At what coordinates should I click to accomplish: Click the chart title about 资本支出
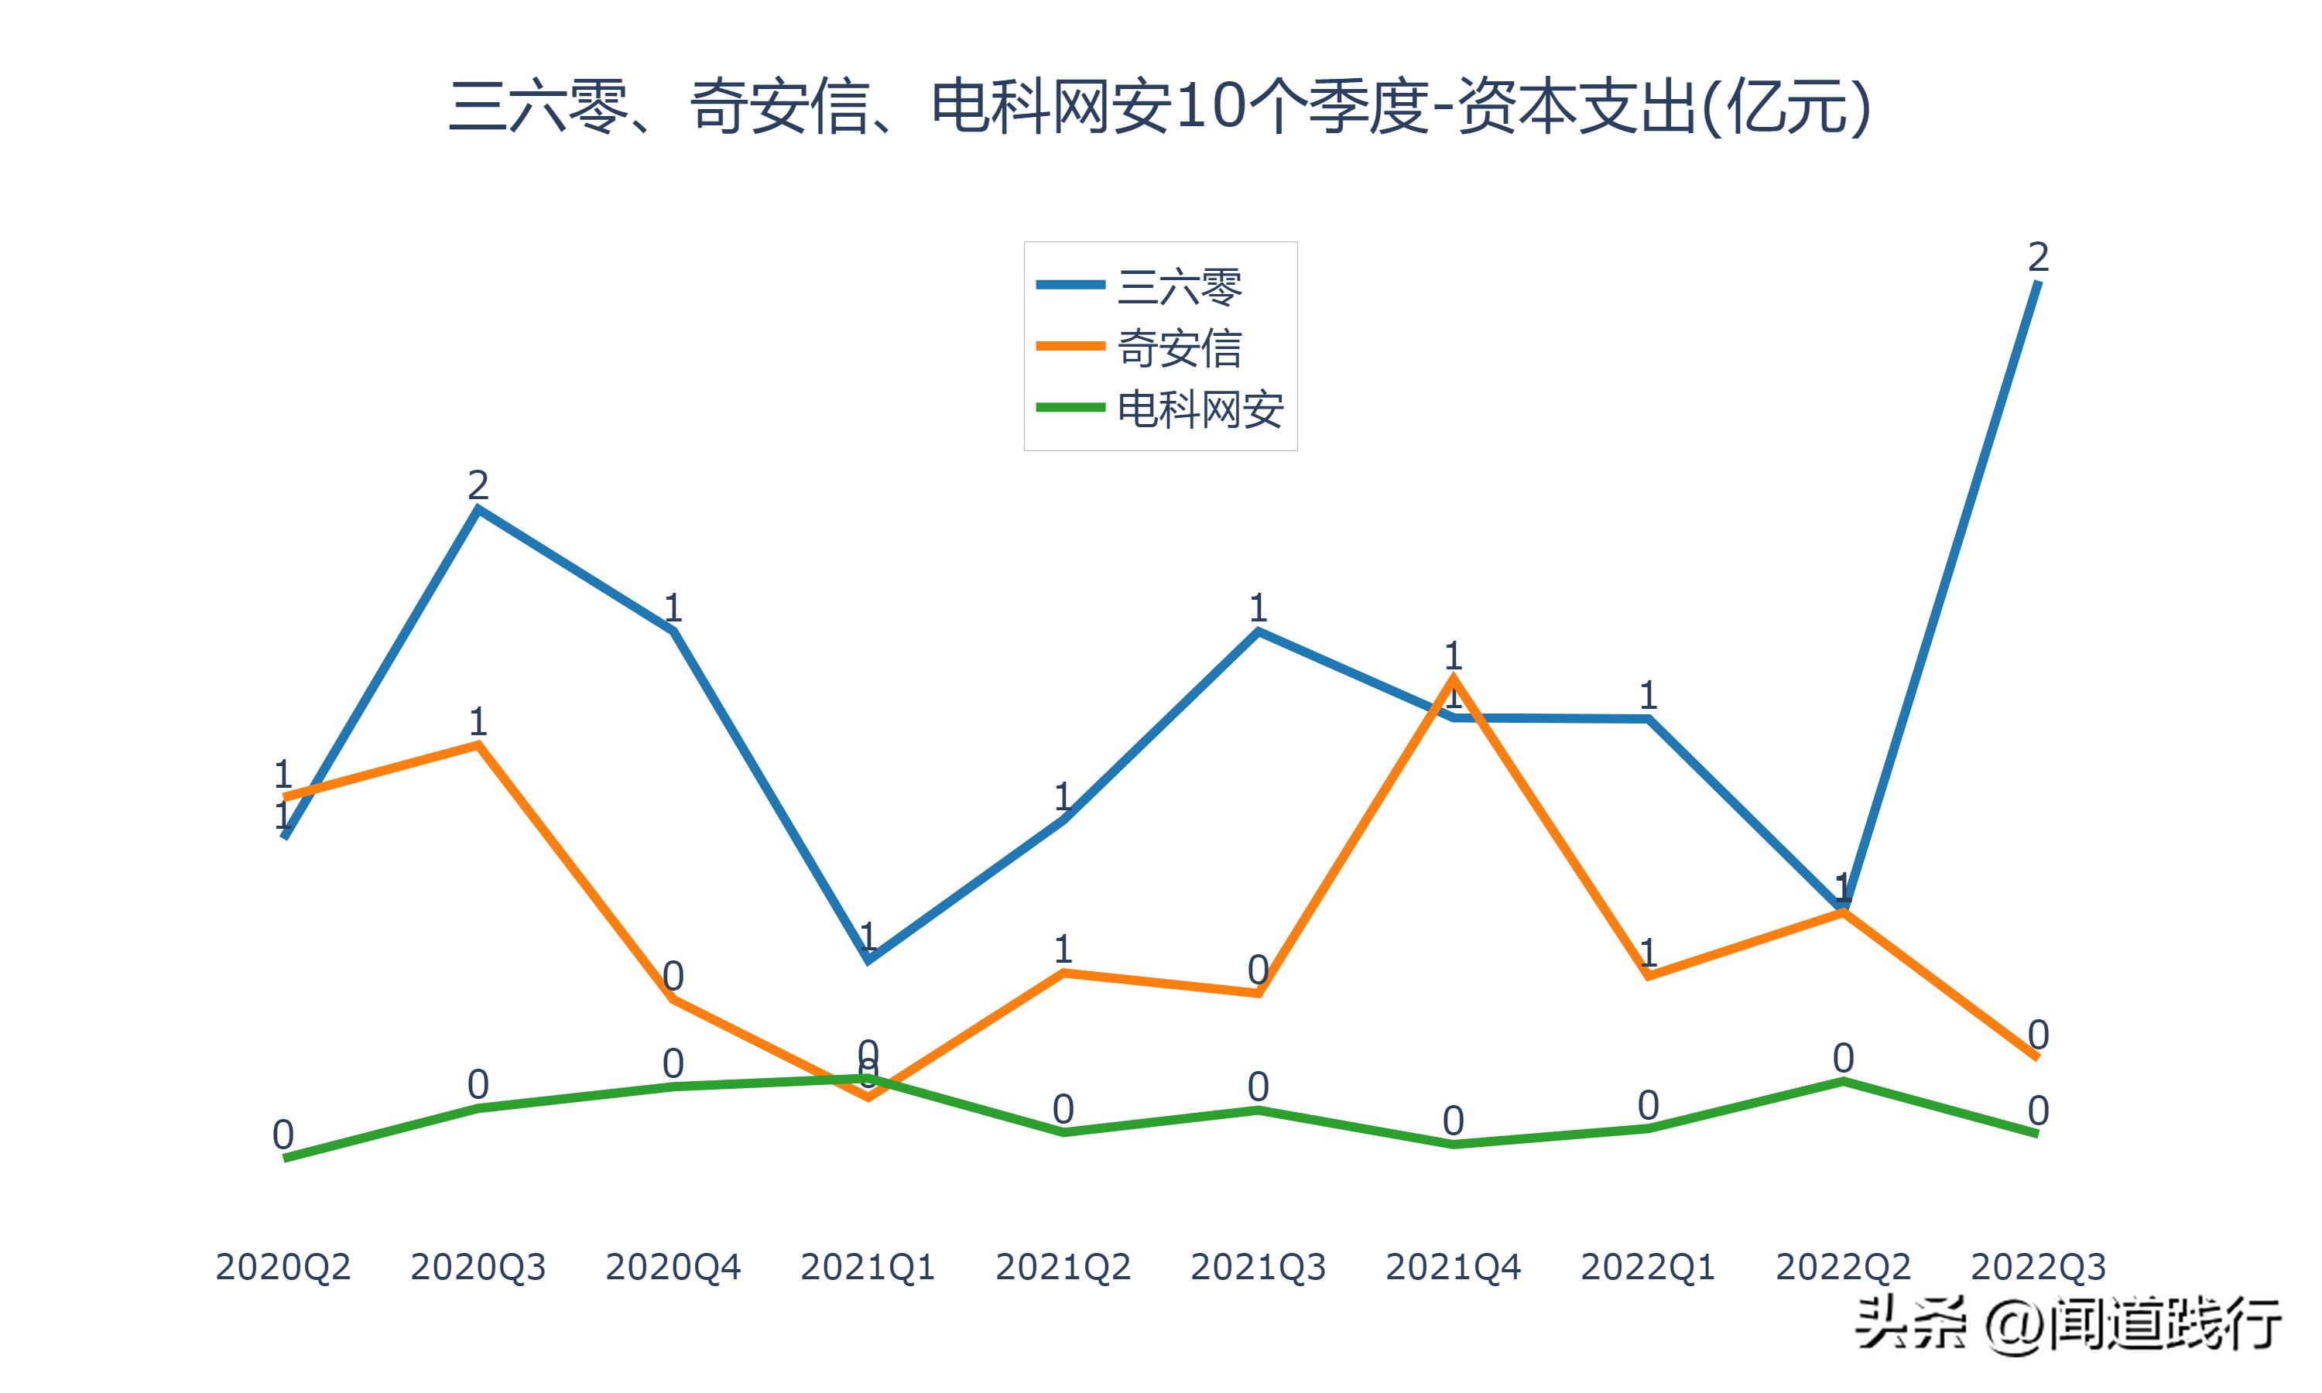click(x=1160, y=108)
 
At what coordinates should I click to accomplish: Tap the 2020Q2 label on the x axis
click(x=283, y=1267)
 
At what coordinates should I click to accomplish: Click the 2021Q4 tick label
click(x=1453, y=1267)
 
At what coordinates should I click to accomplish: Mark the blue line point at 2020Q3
click(x=478, y=510)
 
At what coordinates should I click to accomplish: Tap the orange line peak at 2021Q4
click(x=1453, y=678)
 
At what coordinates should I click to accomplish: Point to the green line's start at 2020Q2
click(x=284, y=1159)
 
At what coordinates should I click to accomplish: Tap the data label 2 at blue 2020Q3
click(x=478, y=485)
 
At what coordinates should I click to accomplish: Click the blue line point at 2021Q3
click(x=1258, y=631)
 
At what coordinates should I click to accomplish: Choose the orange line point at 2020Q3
click(x=478, y=744)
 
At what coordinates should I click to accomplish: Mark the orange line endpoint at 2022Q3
click(x=2036, y=1057)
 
